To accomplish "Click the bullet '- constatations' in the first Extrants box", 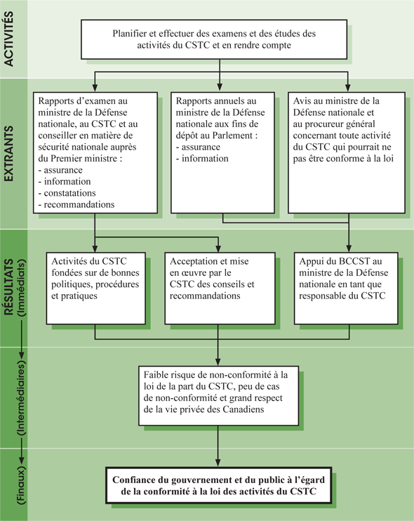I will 71,192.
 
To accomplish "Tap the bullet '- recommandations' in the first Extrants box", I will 78,204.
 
